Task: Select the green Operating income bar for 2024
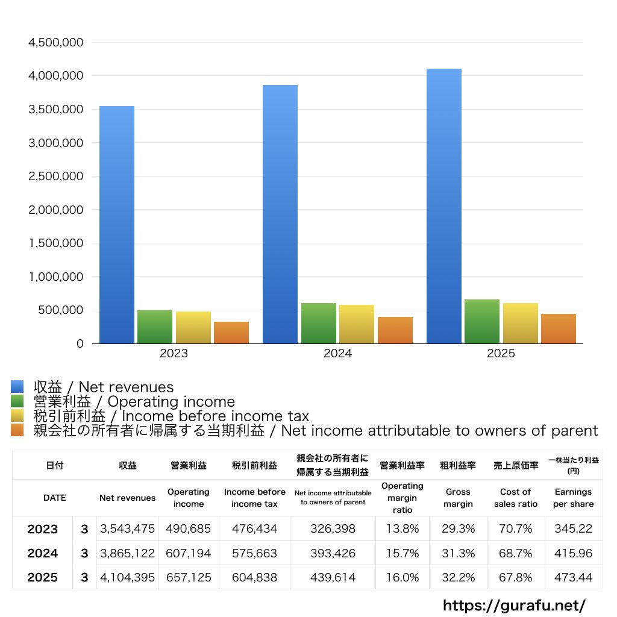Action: coord(319,324)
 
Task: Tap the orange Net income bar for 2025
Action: coord(558,329)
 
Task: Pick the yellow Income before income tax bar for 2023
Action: coord(193,328)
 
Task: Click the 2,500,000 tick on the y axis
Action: coord(55,177)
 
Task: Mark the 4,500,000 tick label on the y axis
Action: coord(55,43)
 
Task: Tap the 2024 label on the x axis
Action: coord(337,354)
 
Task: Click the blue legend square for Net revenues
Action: coord(17,387)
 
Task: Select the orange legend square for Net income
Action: coord(17,430)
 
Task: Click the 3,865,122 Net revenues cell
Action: coord(127,553)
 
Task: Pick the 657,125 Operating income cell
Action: coord(189,577)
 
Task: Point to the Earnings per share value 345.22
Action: coord(573,529)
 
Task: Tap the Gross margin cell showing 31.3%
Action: coord(458,553)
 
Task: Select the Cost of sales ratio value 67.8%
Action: coord(515,577)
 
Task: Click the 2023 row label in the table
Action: coord(43,529)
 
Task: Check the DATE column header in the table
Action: coord(54,498)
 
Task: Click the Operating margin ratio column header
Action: coord(402,498)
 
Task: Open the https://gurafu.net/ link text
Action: coord(514,605)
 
